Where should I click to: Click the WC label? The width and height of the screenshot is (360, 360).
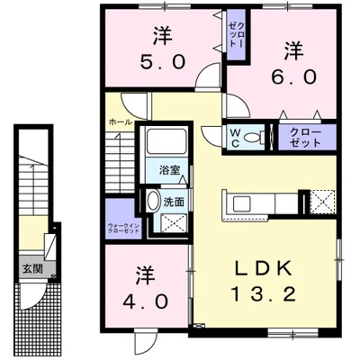234,137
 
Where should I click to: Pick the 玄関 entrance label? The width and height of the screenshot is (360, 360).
30,267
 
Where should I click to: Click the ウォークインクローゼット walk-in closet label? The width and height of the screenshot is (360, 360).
122,228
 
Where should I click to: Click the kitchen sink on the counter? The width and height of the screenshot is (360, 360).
242,201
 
